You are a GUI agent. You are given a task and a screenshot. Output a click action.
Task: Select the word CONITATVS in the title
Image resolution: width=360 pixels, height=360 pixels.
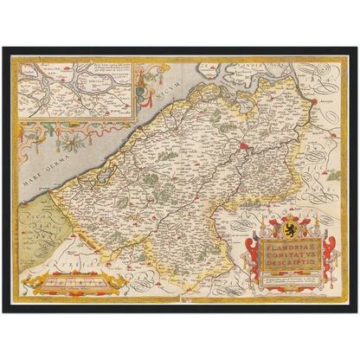[x=286, y=253]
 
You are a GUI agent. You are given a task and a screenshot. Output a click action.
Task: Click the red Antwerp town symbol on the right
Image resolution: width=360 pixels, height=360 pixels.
[x=314, y=101]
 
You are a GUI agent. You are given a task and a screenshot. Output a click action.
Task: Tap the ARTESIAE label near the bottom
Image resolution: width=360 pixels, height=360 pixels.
[x=138, y=260]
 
